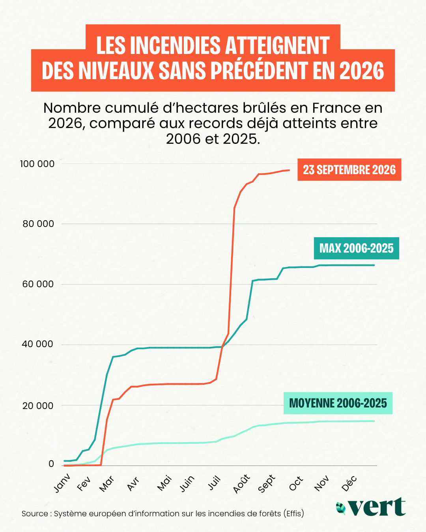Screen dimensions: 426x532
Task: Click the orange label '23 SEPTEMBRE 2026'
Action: point(349,169)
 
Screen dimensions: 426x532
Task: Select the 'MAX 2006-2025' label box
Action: point(357,248)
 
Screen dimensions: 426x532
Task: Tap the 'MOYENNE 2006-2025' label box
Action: point(338,403)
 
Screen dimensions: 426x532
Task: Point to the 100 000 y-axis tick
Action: point(37,164)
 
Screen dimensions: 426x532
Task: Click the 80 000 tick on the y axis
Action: point(38,224)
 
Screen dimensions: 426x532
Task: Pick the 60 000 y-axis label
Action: point(38,284)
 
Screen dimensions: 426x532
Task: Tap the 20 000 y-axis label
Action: point(38,406)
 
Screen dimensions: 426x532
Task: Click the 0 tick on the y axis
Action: point(51,464)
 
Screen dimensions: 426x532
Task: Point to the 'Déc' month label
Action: point(349,482)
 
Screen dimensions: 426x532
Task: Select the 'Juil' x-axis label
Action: point(214,482)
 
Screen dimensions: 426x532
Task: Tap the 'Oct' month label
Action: point(296,482)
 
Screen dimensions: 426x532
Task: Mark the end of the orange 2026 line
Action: point(289,170)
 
